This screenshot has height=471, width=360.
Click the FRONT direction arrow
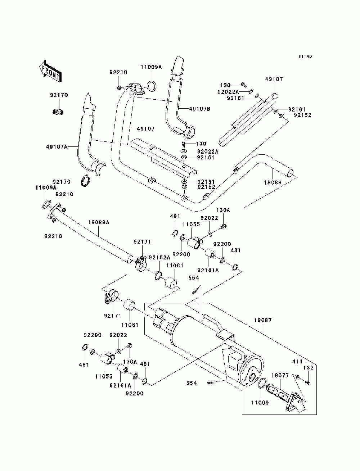(50, 70)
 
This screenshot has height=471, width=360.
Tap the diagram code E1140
(305, 56)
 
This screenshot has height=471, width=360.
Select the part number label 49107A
(57, 146)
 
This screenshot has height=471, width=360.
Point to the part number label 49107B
(200, 108)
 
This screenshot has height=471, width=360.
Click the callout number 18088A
(98, 223)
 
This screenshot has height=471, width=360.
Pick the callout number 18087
(263, 320)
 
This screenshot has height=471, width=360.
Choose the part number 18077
(280, 375)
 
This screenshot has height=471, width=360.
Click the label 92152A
(159, 257)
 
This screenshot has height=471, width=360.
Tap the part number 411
(297, 361)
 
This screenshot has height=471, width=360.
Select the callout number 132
(309, 368)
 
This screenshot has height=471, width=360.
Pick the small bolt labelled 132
(307, 382)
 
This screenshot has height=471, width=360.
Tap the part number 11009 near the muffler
(260, 403)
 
